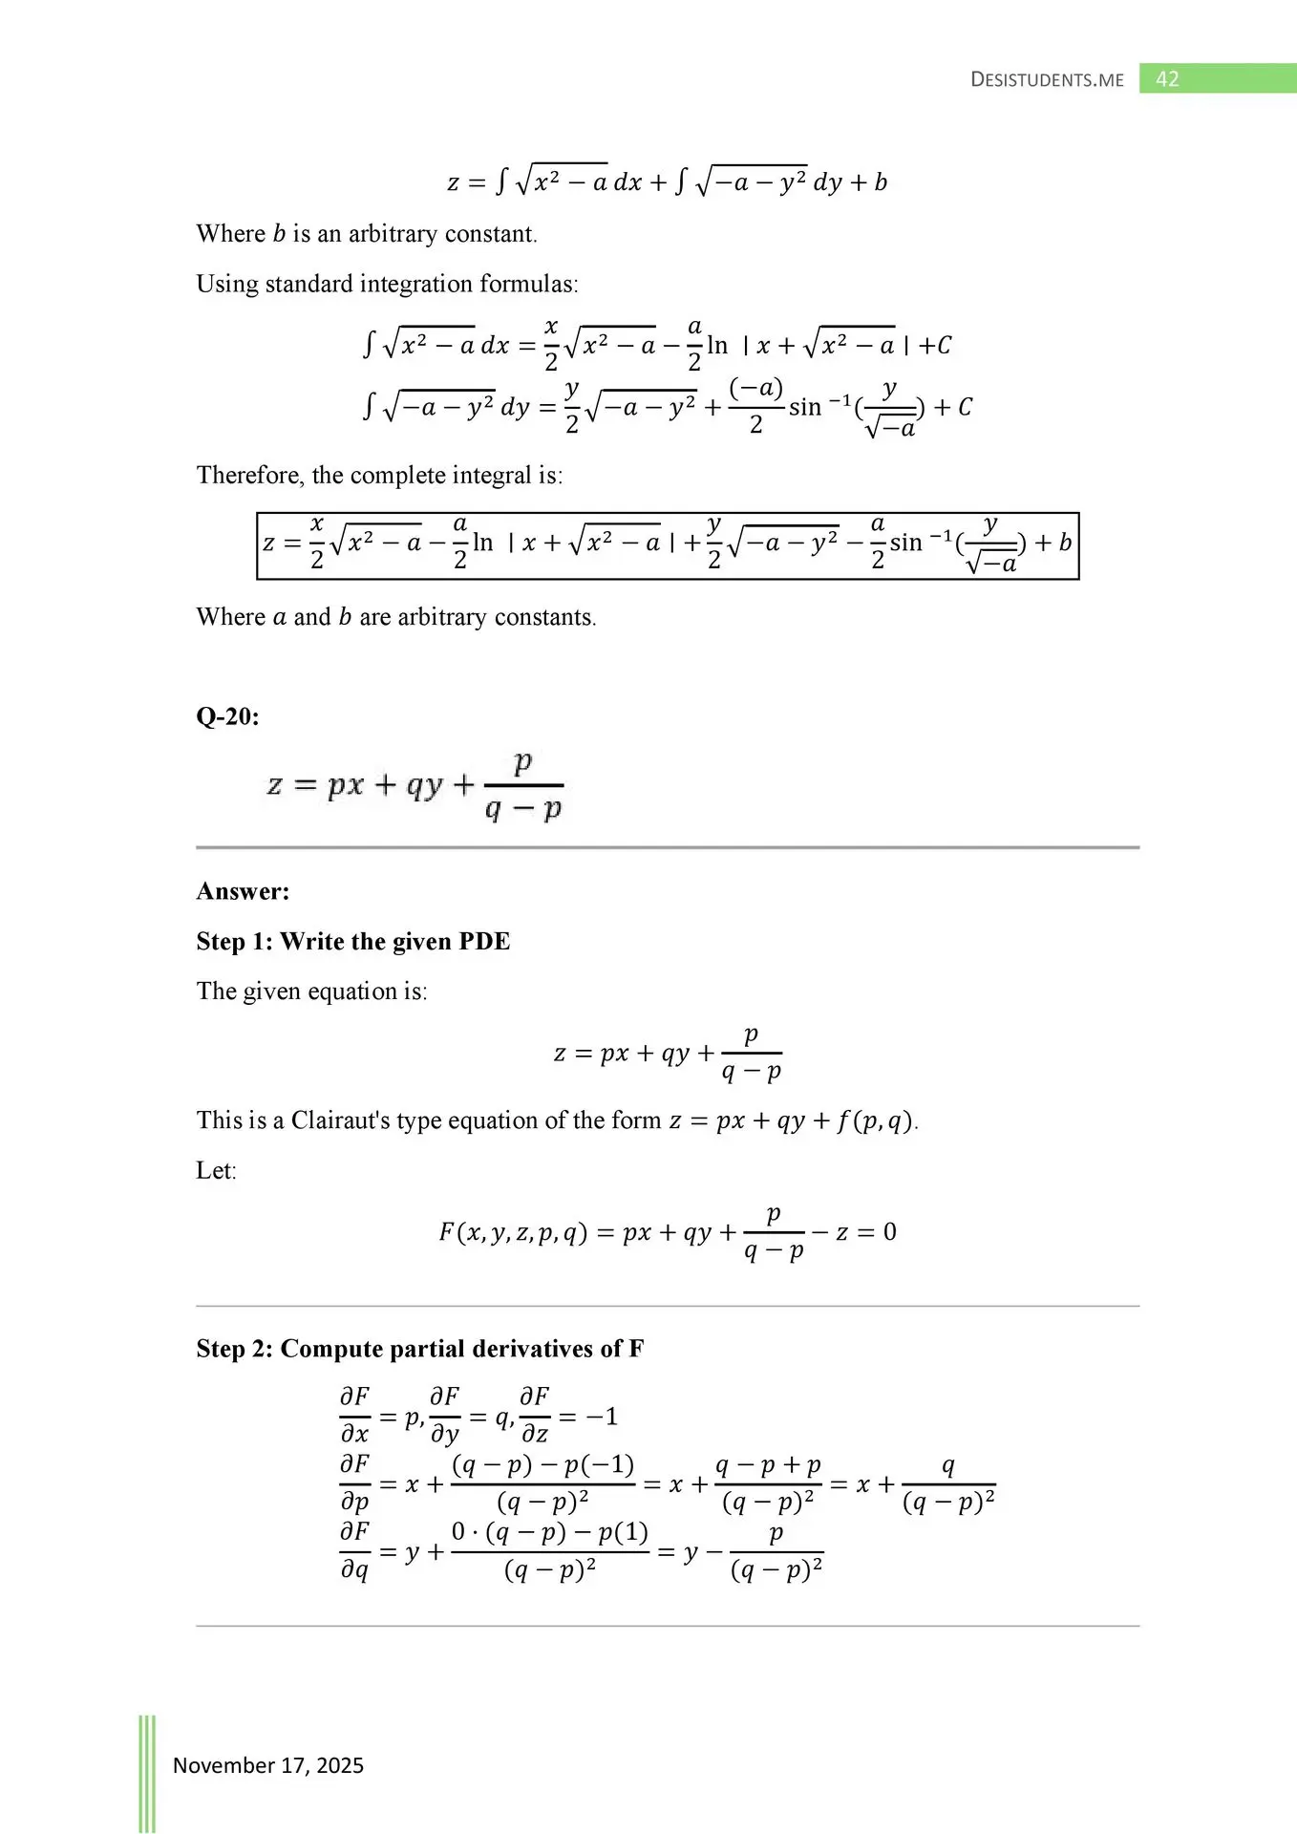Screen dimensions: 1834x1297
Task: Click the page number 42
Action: [1167, 79]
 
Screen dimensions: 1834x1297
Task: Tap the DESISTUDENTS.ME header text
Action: [1047, 80]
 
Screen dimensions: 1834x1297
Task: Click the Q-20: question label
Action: [227, 716]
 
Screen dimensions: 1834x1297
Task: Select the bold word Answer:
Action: [243, 891]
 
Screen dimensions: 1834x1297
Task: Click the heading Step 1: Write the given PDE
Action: [352, 941]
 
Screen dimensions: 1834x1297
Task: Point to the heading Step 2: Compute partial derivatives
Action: [419, 1348]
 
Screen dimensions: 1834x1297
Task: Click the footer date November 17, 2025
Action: [267, 1764]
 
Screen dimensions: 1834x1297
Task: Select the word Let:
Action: [216, 1170]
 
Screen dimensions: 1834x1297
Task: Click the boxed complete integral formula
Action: [667, 545]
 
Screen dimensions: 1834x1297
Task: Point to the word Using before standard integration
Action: [226, 284]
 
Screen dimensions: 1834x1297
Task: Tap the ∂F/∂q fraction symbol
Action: [354, 1551]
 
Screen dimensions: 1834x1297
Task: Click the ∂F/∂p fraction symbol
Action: [354, 1483]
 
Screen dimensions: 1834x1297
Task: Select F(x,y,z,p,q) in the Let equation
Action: [512, 1232]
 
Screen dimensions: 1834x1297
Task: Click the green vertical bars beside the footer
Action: [147, 1772]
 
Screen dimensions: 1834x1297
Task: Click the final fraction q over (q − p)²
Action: [947, 1484]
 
